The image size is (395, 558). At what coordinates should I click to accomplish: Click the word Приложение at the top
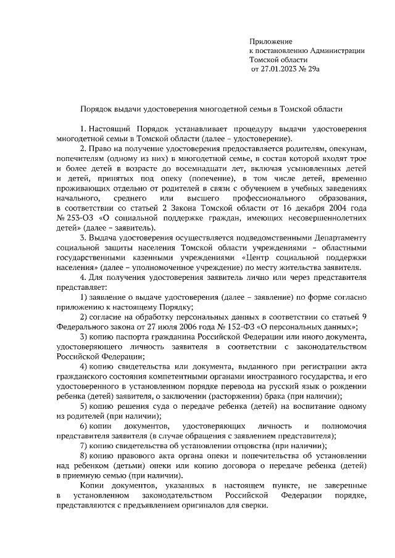pyautogui.click(x=269, y=41)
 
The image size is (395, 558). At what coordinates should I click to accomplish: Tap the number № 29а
pyautogui.click(x=310, y=70)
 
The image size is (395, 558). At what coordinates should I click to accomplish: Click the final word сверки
pyautogui.click(x=254, y=505)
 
